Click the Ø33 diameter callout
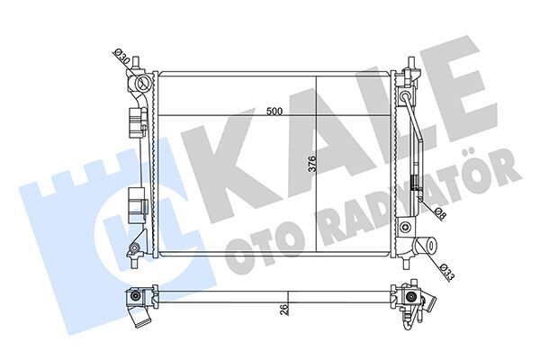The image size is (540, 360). (x=447, y=269)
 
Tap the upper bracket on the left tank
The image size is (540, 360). (x=137, y=121)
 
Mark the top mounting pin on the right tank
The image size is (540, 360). (x=410, y=66)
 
